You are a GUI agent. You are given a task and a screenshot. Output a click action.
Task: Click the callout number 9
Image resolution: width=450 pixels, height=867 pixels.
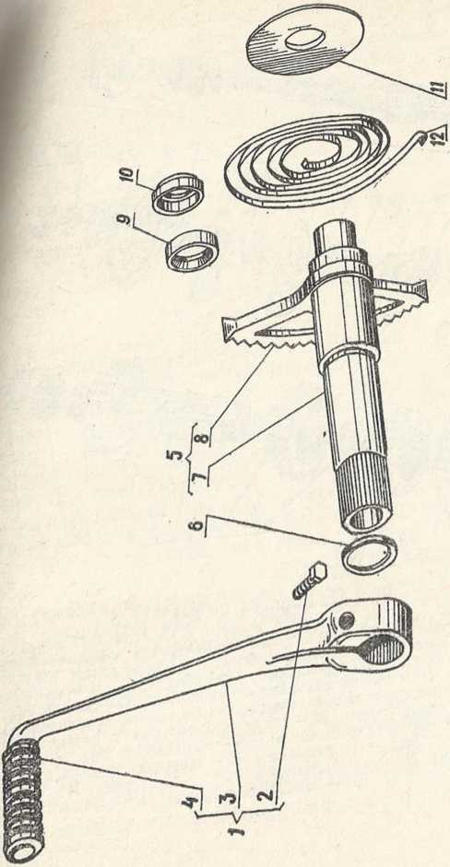pyautogui.click(x=126, y=220)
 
